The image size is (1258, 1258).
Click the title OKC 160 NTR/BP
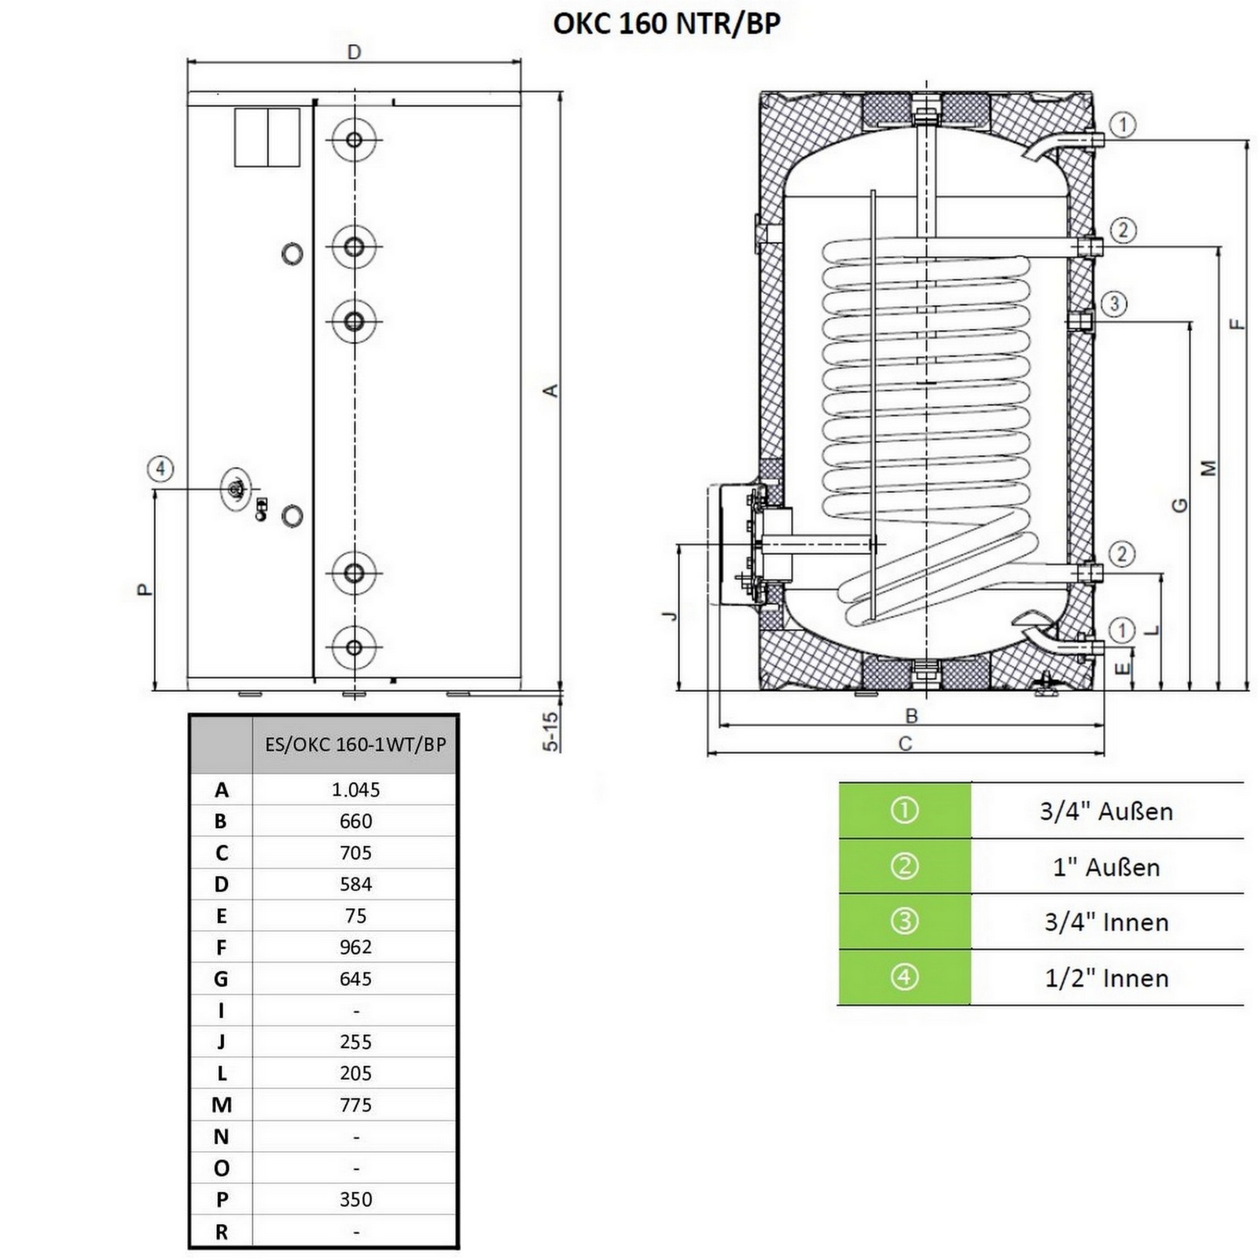point(667,24)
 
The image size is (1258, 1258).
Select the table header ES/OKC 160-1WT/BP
point(355,745)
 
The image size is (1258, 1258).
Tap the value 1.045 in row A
point(355,789)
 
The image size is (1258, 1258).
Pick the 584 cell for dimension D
point(355,884)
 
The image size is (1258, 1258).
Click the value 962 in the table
point(355,947)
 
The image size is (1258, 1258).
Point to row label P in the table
point(222,1200)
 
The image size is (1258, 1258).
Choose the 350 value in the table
point(355,1200)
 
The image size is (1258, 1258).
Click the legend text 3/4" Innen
point(1106,922)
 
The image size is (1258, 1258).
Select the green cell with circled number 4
point(904,977)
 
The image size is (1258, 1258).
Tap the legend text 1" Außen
point(1106,867)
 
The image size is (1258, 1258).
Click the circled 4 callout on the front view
point(160,469)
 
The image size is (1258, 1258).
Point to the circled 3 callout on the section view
point(1114,304)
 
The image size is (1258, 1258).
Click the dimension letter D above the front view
point(354,52)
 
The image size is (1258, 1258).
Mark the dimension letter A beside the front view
point(551,390)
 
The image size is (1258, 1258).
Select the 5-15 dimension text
point(551,731)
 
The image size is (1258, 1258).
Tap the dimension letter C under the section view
point(905,744)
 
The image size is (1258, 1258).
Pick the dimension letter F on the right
point(1238,323)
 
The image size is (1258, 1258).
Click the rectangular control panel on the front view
point(267,138)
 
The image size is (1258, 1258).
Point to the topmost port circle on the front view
point(354,140)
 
